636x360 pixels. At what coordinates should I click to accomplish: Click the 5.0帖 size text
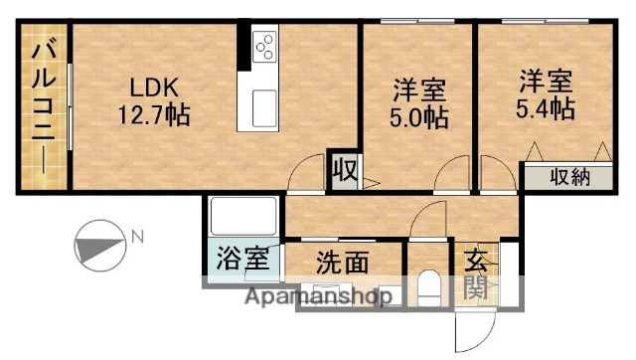417,117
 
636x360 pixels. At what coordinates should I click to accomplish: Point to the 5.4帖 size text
545,107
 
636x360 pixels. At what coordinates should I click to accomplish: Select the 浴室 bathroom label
242,261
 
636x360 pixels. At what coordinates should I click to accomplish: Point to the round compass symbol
99,245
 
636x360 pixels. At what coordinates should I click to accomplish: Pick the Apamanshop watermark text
302,296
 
